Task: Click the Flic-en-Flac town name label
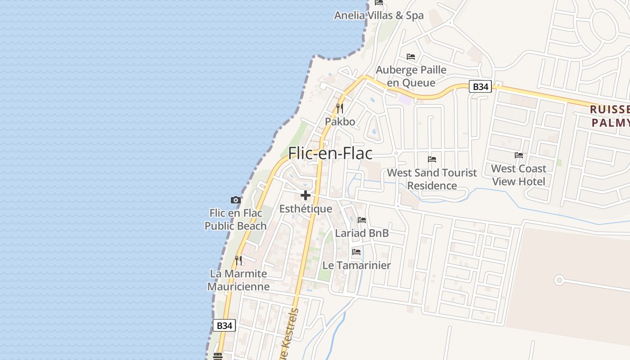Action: point(330,153)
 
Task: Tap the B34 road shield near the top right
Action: point(480,86)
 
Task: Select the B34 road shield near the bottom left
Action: point(224,325)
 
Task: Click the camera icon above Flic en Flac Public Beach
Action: point(235,200)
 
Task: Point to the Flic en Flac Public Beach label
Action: point(236,220)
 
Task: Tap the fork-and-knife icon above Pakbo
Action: point(340,108)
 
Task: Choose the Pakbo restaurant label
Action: point(340,121)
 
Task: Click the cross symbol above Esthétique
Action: point(306,195)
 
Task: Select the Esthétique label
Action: point(306,209)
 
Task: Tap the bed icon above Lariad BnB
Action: point(362,220)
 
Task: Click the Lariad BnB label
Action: point(362,233)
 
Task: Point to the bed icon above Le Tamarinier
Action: point(357,252)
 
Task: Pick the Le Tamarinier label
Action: point(356,265)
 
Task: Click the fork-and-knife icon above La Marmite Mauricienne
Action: point(238,260)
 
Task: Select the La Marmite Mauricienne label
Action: point(238,280)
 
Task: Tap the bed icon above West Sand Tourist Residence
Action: point(432,159)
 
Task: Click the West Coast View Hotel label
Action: point(518,175)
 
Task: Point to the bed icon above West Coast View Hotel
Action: point(519,155)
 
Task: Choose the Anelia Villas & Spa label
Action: point(379,15)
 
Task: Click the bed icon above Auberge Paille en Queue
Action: point(411,57)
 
